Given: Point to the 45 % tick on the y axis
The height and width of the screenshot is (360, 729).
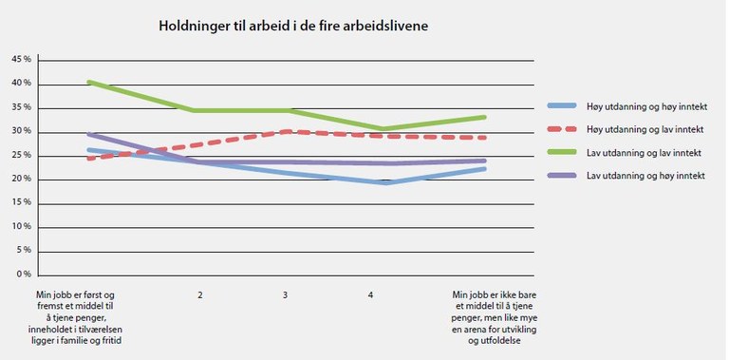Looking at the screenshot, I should coord(21,60).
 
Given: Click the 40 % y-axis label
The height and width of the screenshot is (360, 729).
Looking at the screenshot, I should coord(21,84).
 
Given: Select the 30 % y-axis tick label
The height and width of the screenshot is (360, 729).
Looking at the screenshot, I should coord(21,131).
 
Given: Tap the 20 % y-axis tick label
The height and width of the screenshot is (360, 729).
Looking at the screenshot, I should coord(21,179).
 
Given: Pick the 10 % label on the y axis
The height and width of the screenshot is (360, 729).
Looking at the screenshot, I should coord(21,227).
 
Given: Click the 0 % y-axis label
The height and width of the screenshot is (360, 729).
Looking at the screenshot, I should coord(23,275).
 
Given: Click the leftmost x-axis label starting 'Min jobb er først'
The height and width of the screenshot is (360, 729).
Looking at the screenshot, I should coord(81,317).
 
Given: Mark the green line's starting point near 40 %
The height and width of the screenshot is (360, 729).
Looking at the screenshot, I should coord(88,82).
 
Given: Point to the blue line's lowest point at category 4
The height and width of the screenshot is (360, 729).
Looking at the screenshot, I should coord(384,181).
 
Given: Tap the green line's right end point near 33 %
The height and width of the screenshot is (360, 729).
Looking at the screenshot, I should coord(484,117).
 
